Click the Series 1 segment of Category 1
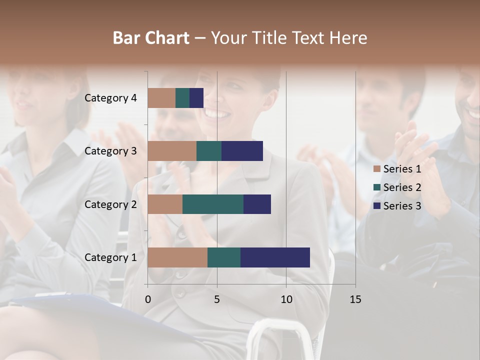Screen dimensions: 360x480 point(177,257)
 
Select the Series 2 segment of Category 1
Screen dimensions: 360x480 point(224,257)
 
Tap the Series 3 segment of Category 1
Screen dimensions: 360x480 point(275,257)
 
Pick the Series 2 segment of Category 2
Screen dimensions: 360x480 point(213,204)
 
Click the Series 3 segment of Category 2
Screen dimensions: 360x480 point(257,204)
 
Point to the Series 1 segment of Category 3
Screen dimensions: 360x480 point(172,151)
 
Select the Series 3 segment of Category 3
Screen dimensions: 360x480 point(242,151)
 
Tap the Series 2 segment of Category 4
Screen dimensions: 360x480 point(182,98)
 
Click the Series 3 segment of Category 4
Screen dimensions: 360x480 point(196,98)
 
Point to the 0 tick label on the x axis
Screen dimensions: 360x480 point(148,299)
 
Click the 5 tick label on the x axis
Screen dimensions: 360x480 point(217,299)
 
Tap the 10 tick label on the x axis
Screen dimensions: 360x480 point(286,299)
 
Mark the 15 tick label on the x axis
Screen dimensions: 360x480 point(355,299)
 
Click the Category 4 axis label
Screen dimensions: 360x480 point(110,98)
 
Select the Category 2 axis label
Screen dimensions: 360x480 point(110,204)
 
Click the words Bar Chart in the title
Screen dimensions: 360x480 point(151,38)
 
